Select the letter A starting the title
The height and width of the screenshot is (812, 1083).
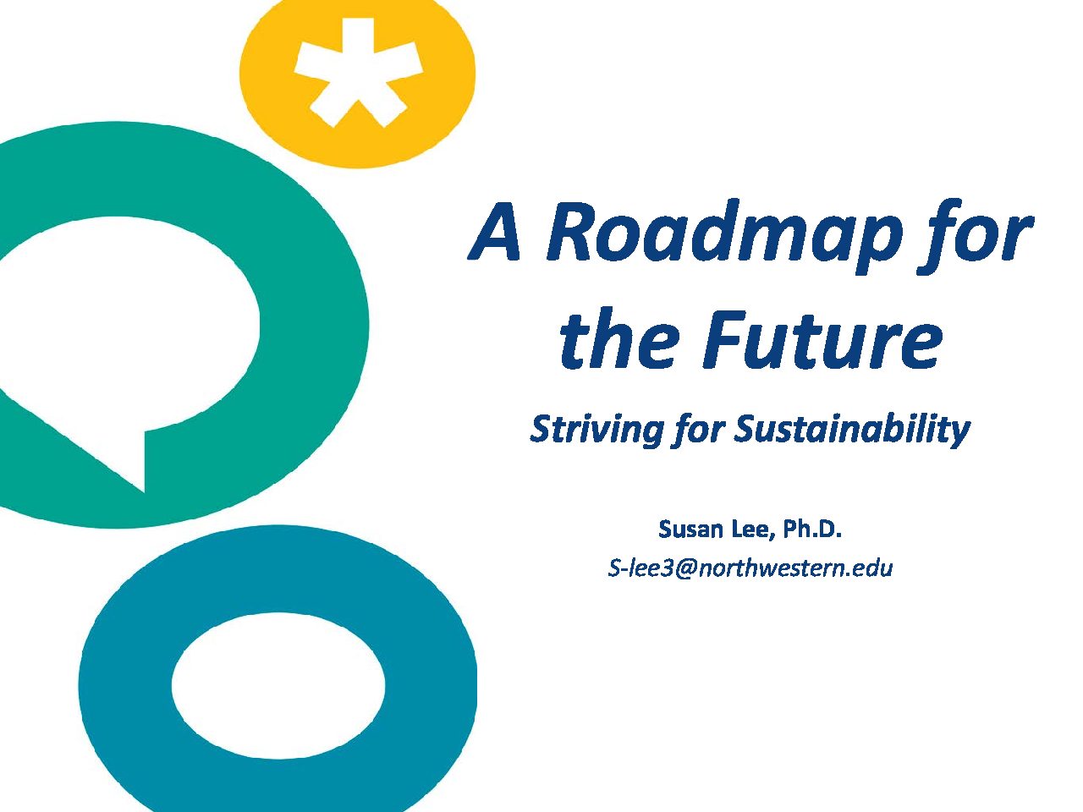[494, 231]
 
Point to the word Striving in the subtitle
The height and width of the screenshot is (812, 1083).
[596, 430]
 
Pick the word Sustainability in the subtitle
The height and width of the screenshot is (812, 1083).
[851, 430]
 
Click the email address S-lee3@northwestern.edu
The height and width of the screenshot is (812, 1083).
[750, 568]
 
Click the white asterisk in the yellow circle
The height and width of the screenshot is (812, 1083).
[358, 73]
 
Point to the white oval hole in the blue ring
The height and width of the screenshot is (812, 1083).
[278, 686]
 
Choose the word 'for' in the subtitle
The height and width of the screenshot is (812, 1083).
[696, 430]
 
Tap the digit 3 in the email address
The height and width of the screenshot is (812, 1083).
[666, 568]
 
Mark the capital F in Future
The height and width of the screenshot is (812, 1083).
[725, 338]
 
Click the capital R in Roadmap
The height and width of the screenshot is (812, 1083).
[574, 231]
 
